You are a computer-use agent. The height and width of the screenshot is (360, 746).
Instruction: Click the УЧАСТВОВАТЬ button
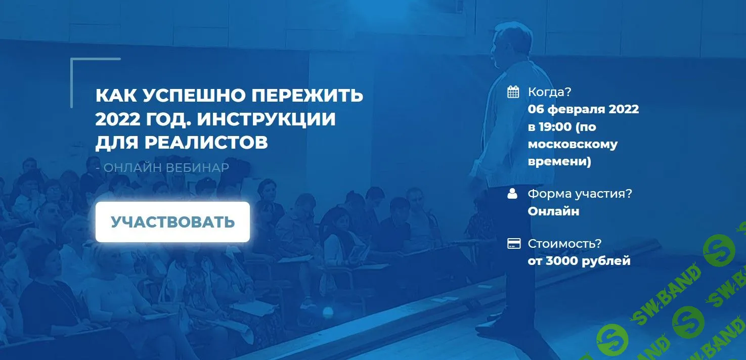click(172, 222)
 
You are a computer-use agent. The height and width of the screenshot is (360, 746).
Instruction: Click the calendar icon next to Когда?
click(513, 92)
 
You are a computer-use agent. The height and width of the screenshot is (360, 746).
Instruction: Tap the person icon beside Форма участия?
click(513, 194)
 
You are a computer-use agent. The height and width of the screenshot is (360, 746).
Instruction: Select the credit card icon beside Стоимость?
click(513, 244)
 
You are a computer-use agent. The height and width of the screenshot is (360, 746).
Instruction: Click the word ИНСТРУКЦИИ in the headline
click(266, 119)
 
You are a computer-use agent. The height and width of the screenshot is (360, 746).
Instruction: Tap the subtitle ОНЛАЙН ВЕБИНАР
click(166, 167)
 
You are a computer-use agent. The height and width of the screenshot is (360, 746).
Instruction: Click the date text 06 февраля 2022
click(583, 109)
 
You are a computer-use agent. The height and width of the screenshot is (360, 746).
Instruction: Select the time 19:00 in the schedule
click(557, 127)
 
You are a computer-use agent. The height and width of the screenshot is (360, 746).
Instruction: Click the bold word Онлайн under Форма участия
click(553, 211)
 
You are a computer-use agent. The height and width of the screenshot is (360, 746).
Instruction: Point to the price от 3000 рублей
click(579, 261)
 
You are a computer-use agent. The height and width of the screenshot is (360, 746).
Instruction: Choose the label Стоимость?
click(564, 244)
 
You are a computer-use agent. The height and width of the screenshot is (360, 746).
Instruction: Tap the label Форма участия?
click(580, 194)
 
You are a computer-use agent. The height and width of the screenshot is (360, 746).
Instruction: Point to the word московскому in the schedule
click(573, 145)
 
